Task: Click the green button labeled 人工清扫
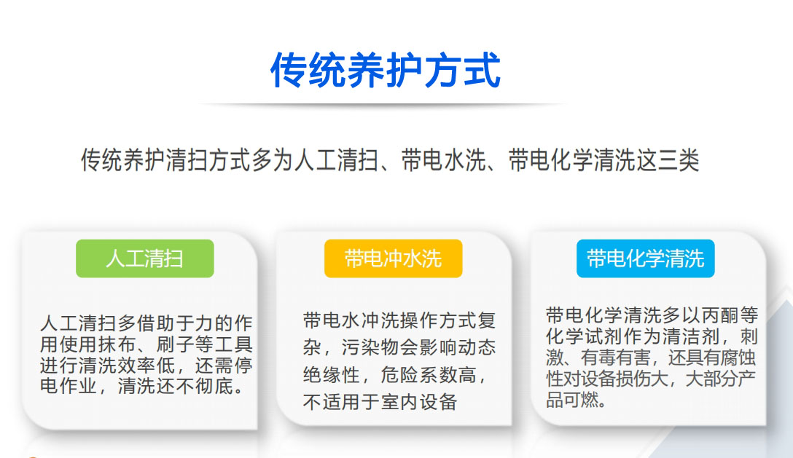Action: point(144,258)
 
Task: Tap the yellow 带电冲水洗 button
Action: point(393,258)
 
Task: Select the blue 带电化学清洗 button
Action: point(645,258)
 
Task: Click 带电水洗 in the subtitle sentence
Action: point(444,160)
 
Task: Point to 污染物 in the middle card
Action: point(370,347)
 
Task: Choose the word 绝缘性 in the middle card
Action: point(332,374)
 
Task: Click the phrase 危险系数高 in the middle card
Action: point(428,374)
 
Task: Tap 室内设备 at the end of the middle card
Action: point(419,402)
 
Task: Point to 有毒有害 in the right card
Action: point(615,358)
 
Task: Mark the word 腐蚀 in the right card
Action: point(738,358)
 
